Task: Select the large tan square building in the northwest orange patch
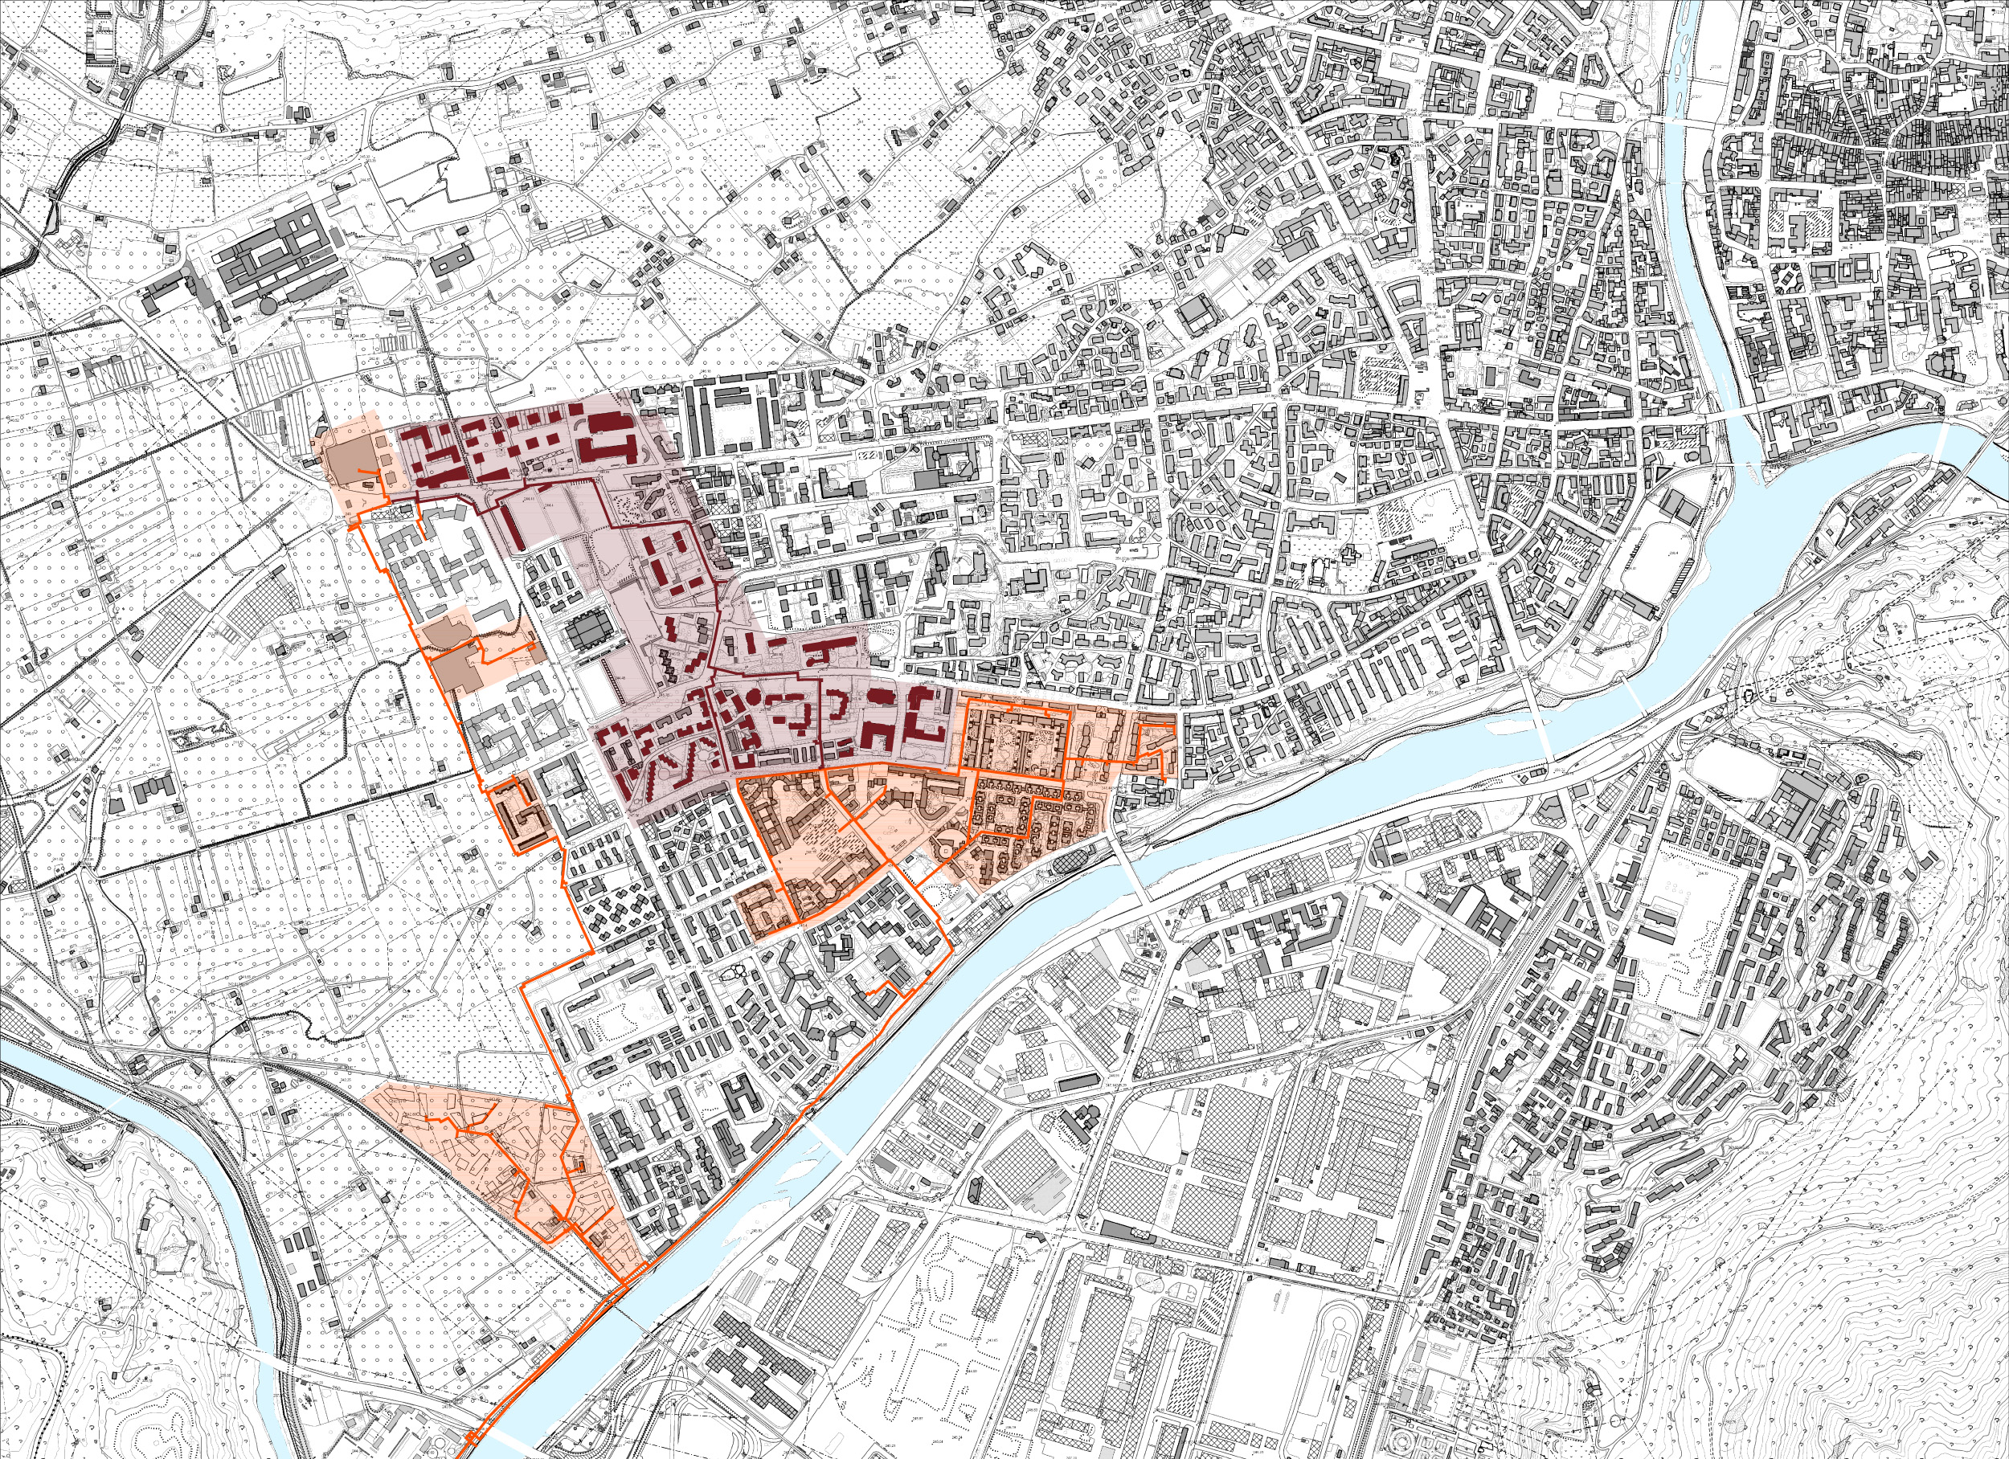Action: coord(353,459)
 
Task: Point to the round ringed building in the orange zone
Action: coord(946,848)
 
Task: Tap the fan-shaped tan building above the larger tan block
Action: coord(448,632)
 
